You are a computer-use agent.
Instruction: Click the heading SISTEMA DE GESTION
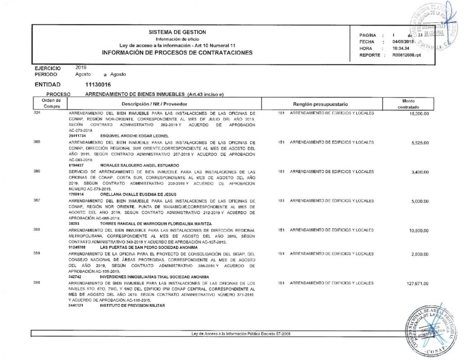click(177, 32)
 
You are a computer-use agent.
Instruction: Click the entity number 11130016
click(98, 85)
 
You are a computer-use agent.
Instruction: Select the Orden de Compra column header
click(48, 103)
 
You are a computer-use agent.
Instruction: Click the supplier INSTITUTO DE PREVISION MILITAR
click(132, 305)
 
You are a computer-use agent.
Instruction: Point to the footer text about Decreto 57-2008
click(241, 334)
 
